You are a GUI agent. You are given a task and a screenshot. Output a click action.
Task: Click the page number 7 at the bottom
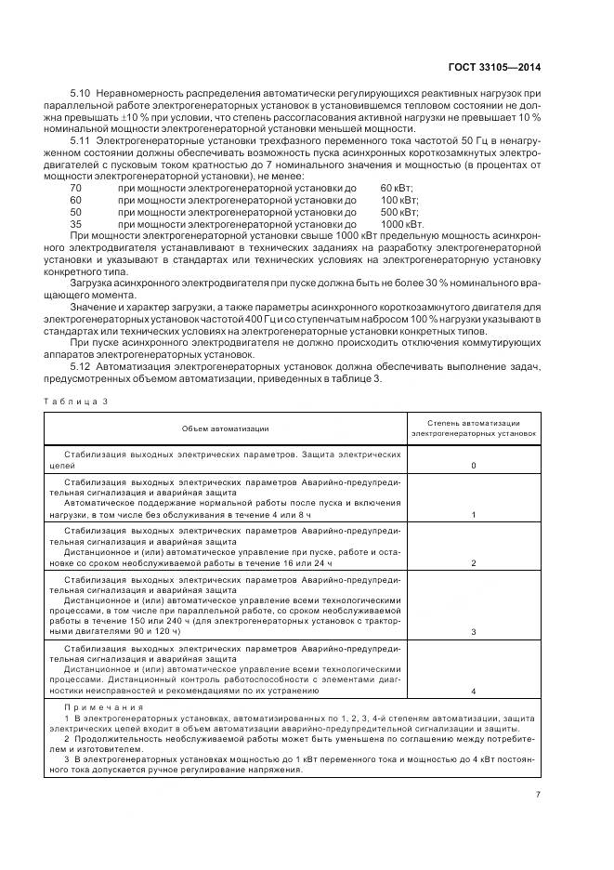click(538, 795)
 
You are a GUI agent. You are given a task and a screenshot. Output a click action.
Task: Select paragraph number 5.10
click(81, 96)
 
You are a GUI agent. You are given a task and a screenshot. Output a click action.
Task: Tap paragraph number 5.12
click(81, 366)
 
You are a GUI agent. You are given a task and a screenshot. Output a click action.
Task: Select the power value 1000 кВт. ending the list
click(402, 224)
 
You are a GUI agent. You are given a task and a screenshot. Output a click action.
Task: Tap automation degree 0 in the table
click(474, 465)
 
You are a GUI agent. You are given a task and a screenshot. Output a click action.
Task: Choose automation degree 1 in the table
click(474, 514)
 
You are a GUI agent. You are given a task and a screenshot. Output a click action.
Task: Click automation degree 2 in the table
click(474, 563)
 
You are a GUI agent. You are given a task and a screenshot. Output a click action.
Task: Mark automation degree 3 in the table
click(474, 631)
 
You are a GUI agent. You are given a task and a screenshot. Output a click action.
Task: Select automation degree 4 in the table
click(474, 692)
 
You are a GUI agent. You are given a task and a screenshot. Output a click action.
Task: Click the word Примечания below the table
click(92, 707)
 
